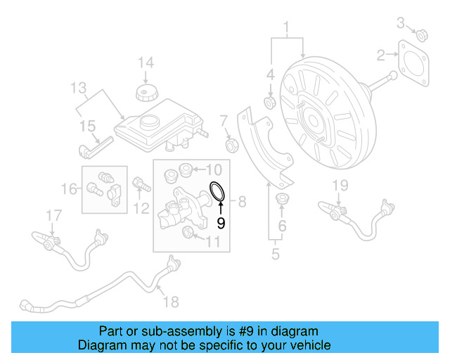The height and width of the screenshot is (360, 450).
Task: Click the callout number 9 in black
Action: click(220, 224)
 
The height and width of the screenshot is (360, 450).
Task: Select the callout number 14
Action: click(145, 63)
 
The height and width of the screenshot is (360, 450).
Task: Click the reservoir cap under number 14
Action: click(146, 92)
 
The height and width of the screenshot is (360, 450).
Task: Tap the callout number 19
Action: click(340, 186)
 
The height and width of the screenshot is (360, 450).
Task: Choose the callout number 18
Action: click(171, 302)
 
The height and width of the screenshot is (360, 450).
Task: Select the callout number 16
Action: click(67, 189)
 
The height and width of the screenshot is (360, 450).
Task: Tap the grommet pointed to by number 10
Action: click(186, 169)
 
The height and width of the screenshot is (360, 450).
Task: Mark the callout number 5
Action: click(275, 253)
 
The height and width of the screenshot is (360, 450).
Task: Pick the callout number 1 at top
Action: click(286, 28)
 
